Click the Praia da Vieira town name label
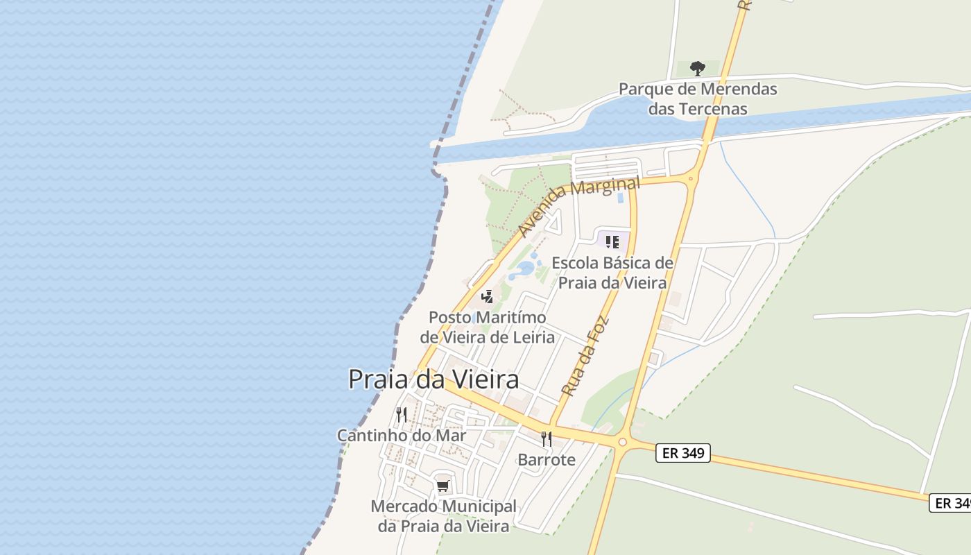433,379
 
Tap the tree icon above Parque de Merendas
698,68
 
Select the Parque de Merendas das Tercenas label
698,99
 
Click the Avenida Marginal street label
579,207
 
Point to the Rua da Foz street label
585,356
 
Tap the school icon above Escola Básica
612,242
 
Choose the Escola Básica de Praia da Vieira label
612,273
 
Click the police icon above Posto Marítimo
488,297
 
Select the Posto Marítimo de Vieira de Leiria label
488,327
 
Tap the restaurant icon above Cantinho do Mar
402,415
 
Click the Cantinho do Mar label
402,436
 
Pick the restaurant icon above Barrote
547,438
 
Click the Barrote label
547,460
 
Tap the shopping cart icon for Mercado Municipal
443,486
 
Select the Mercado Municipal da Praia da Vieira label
444,516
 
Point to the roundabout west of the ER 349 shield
622,442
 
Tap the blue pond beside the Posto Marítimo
526,268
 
